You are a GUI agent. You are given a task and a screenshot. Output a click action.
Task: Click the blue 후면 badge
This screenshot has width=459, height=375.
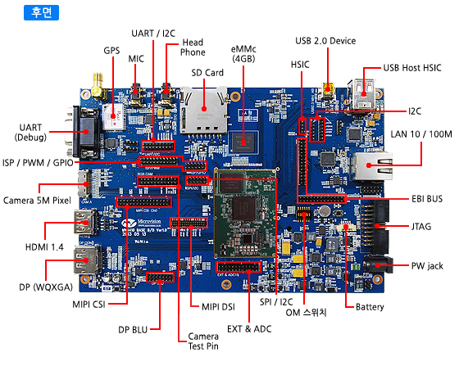[41, 12]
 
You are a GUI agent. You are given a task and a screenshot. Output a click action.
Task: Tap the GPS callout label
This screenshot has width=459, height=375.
[111, 51]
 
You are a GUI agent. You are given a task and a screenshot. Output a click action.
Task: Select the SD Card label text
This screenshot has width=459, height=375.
[207, 73]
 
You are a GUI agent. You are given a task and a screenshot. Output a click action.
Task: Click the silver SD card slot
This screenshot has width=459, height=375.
[204, 110]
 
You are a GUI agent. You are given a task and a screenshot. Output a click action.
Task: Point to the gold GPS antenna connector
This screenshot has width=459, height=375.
[98, 85]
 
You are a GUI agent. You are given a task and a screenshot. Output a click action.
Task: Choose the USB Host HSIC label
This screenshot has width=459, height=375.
[412, 68]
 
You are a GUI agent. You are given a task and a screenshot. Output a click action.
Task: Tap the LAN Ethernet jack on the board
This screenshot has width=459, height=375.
[373, 166]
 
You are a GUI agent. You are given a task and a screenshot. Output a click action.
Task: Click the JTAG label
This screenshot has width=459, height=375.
[421, 227]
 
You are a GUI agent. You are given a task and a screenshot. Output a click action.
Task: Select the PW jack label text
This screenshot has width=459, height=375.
[427, 266]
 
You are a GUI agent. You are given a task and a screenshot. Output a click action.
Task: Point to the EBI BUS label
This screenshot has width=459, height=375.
[427, 199]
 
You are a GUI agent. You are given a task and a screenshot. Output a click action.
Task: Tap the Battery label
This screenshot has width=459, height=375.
[370, 307]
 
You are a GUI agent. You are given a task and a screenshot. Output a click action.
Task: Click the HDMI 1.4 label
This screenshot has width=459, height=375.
[44, 247]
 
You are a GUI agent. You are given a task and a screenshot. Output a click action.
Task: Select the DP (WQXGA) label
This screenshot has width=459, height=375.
[46, 287]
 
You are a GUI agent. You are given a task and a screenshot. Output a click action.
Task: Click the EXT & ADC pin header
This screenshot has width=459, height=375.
[239, 267]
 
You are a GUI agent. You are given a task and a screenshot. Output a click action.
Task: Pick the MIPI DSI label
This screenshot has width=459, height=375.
[218, 307]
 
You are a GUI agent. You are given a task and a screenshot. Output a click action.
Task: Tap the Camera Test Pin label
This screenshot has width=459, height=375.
[203, 341]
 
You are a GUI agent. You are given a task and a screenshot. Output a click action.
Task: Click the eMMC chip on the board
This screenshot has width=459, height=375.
[243, 142]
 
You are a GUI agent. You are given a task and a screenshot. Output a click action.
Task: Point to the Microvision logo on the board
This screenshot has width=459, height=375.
[142, 223]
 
